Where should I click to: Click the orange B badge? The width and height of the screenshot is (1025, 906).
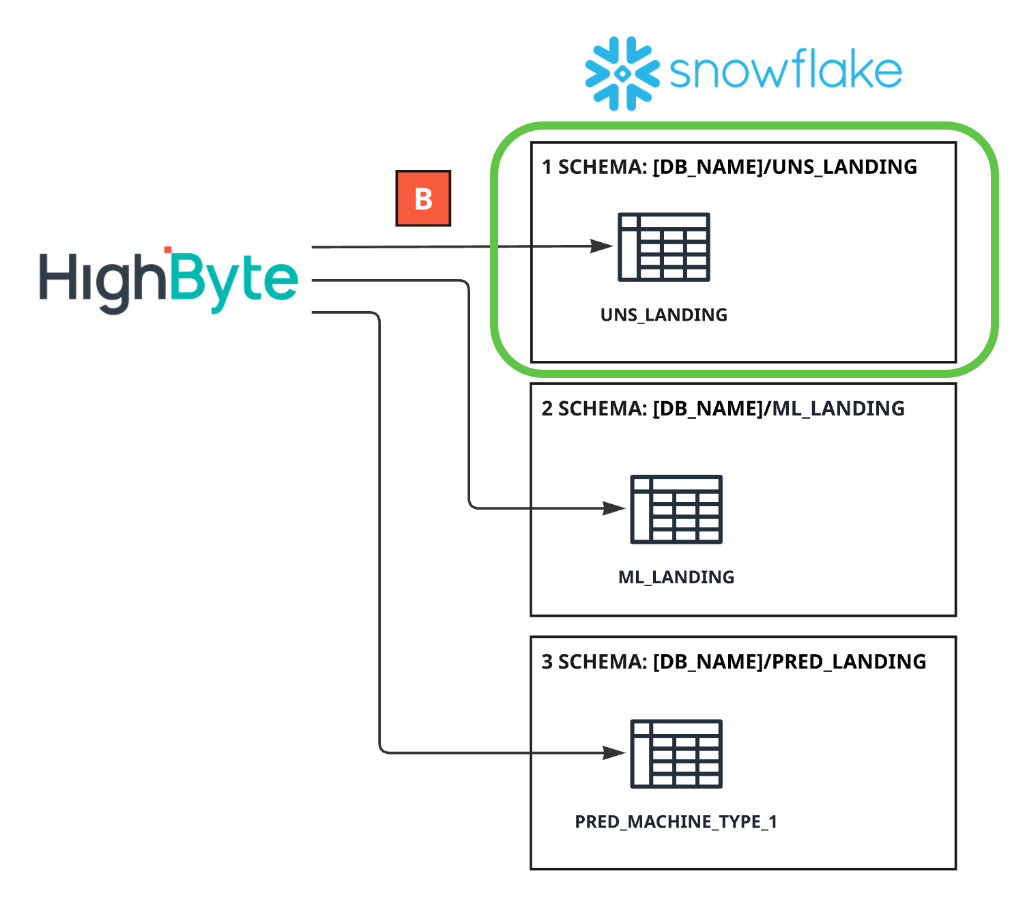pyautogui.click(x=423, y=199)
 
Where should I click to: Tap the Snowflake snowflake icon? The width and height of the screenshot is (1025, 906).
pyautogui.click(x=622, y=73)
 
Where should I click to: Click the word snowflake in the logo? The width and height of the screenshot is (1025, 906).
pyautogui.click(x=785, y=70)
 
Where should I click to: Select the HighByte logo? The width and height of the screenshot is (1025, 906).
pyautogui.click(x=169, y=280)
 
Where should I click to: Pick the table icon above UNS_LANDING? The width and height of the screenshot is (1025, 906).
pyautogui.click(x=663, y=247)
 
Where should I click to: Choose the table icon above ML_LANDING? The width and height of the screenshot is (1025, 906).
pyautogui.click(x=676, y=509)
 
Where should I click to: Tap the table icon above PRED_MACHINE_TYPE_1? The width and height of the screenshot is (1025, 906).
pyautogui.click(x=676, y=754)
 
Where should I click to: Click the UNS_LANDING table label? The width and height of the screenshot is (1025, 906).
pyautogui.click(x=663, y=315)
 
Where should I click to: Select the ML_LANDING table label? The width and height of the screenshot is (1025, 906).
pyautogui.click(x=676, y=577)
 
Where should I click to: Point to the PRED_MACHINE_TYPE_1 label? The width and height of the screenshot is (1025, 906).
pyautogui.click(x=676, y=821)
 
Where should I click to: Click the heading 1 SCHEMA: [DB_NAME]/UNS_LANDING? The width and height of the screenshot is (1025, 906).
pyautogui.click(x=729, y=167)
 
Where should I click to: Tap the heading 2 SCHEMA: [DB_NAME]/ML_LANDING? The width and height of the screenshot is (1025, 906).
pyautogui.click(x=723, y=409)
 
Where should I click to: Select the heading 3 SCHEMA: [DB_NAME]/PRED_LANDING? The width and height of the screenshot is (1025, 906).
pyautogui.click(x=734, y=662)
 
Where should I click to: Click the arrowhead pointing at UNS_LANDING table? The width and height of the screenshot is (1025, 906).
pyautogui.click(x=603, y=246)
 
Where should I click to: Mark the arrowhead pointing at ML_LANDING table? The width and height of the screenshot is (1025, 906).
pyautogui.click(x=615, y=508)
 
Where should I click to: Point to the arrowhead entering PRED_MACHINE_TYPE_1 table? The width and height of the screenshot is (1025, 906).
pyautogui.click(x=615, y=753)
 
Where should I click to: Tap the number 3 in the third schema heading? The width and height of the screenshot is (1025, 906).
pyautogui.click(x=547, y=662)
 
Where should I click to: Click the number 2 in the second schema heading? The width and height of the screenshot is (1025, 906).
pyautogui.click(x=547, y=409)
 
